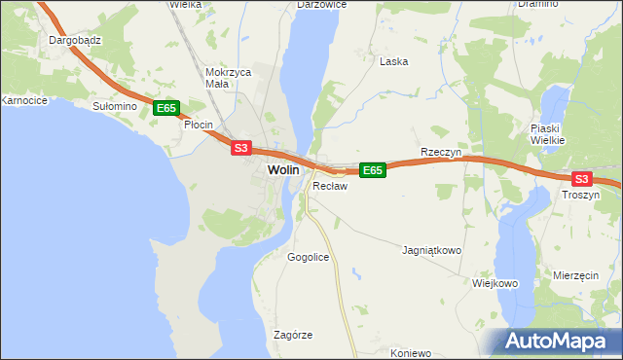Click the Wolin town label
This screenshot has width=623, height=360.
pyautogui.click(x=282, y=169)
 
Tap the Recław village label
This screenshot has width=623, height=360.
pyautogui.click(x=330, y=185)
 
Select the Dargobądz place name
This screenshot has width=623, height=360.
pyautogui.click(x=77, y=42)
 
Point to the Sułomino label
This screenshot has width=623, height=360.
pyautogui.click(x=111, y=105)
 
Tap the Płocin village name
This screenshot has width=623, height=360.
pyautogui.click(x=200, y=125)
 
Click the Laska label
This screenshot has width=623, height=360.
pyautogui.click(x=393, y=61)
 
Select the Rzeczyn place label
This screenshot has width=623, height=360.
pyautogui.click(x=440, y=153)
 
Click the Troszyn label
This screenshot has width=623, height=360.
pyautogui.click(x=581, y=195)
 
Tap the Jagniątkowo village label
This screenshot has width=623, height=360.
pyautogui.click(x=431, y=250)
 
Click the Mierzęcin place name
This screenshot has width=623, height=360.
pyautogui.click(x=574, y=275)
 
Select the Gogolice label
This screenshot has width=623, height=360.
pyautogui.click(x=309, y=257)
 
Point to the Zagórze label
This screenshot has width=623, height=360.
pyautogui.click(x=293, y=335)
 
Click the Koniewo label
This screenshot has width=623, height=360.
pyautogui.click(x=409, y=352)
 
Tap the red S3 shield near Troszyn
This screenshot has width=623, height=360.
pyautogui.click(x=581, y=179)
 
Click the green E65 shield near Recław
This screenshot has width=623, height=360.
pyautogui.click(x=373, y=170)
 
